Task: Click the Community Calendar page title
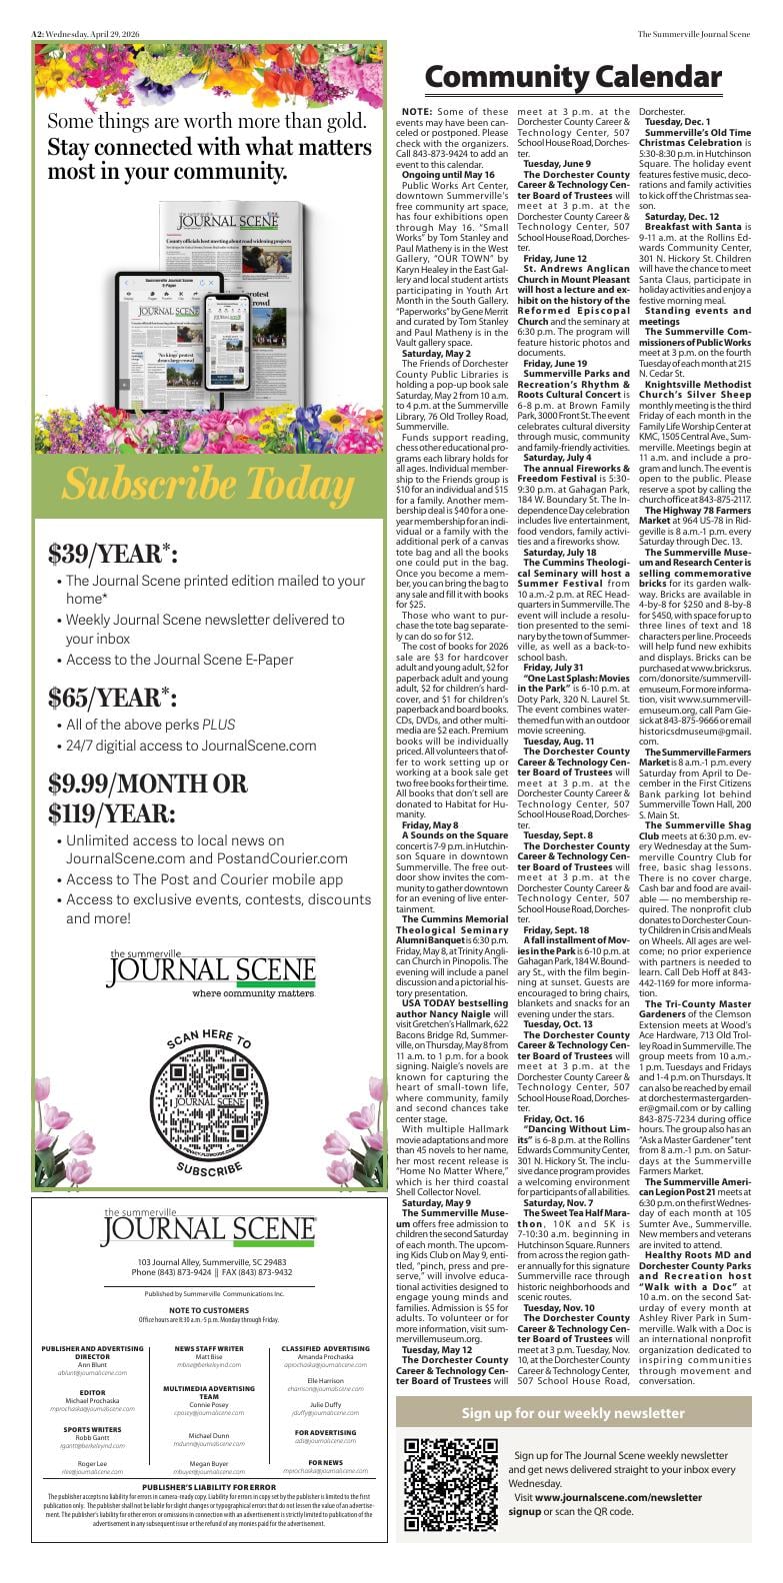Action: pos(572,77)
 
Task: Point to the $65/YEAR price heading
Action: pos(112,697)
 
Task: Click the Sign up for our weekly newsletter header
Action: pos(573,1413)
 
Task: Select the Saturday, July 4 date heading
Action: pos(558,458)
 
